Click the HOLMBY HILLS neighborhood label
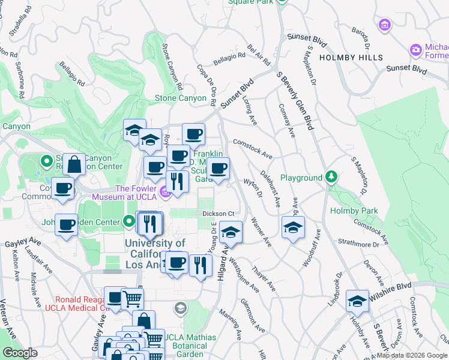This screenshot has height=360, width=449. coord(351,57)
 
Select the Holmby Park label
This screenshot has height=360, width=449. coord(354,211)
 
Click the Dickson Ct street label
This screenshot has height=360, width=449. coord(217,213)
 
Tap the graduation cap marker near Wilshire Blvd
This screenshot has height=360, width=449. coord(358,302)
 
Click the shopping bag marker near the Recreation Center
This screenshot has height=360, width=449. coord(74,164)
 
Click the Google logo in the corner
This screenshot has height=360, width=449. coord(20,353)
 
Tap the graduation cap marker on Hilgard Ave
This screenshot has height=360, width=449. coord(230,233)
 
